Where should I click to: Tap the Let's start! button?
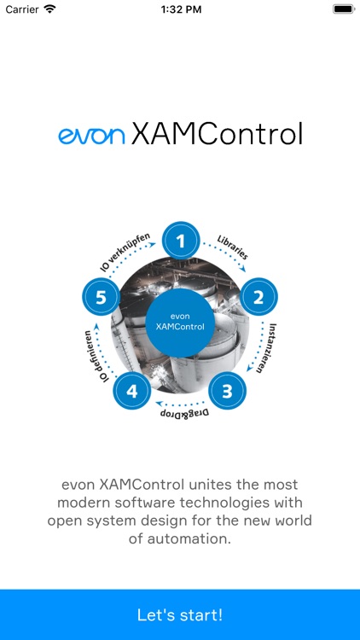point(180,614)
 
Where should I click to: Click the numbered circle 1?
point(180,242)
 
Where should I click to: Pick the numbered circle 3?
point(227,392)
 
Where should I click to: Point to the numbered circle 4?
point(131,392)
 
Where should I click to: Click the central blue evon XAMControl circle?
point(180,322)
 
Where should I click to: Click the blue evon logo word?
point(91,135)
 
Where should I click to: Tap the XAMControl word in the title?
point(217,134)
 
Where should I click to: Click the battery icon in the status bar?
point(344,9)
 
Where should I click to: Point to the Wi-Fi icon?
point(49,9)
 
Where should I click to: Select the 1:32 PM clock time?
point(180,9)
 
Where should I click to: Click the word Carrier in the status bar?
point(22,9)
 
